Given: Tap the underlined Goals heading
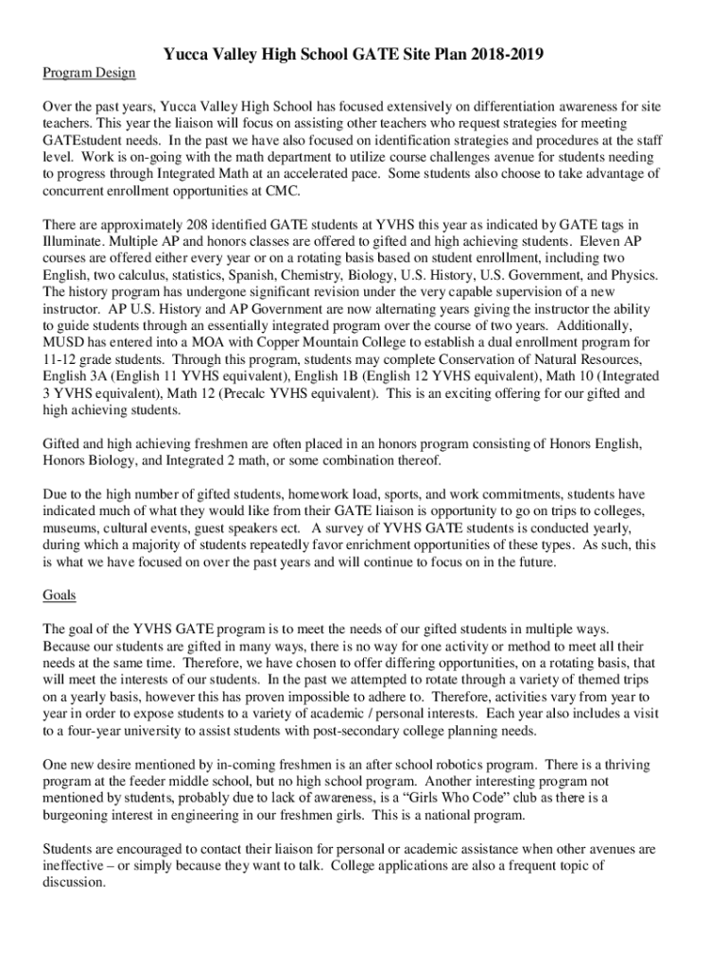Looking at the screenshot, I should click(x=60, y=596).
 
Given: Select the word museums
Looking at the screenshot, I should click(x=75, y=527).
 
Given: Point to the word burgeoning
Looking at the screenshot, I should click(x=82, y=815).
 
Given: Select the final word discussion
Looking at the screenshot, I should click(x=74, y=882).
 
